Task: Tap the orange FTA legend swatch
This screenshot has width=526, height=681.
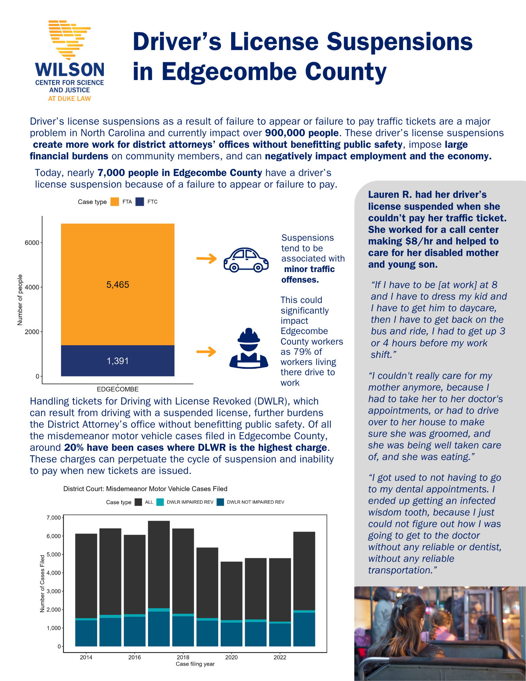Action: [x=115, y=202]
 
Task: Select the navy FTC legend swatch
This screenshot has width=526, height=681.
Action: [x=140, y=202]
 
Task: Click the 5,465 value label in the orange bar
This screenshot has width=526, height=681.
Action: [x=118, y=285]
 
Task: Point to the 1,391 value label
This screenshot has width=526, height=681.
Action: [x=118, y=361]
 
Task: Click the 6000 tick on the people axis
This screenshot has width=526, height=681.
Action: [x=32, y=243]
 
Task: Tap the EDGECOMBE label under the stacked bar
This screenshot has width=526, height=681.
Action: [x=118, y=389]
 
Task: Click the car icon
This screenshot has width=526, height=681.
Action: [x=246, y=260]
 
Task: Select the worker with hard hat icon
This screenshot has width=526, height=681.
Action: [x=249, y=349]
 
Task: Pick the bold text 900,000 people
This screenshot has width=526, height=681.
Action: [x=302, y=133]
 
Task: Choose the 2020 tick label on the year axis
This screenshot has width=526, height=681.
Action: [x=232, y=657]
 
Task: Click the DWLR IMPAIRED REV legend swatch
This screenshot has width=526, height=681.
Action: [x=160, y=502]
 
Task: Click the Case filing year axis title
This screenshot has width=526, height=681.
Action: [x=195, y=664]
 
